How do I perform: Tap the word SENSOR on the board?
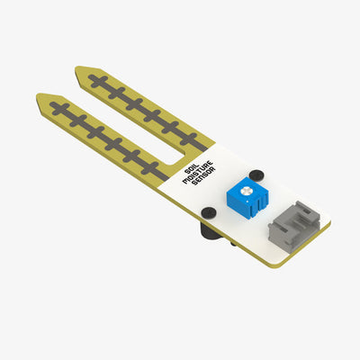click(205, 185)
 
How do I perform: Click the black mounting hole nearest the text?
click(208, 212)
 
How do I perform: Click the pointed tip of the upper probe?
click(78, 70)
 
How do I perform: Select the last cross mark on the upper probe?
click(189, 139)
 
